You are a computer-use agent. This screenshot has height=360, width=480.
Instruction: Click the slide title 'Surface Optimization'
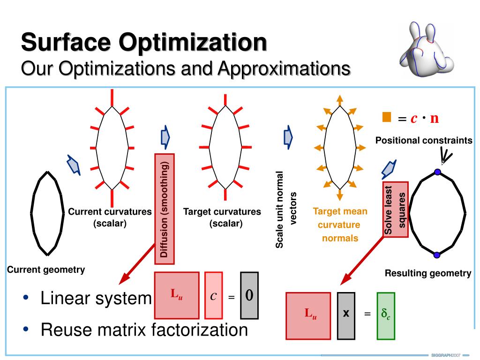144,43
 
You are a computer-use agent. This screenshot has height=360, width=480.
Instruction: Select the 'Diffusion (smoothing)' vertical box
164,209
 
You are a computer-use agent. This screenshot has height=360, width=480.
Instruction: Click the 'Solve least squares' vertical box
396,209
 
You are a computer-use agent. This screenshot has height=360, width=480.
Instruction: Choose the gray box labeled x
346,315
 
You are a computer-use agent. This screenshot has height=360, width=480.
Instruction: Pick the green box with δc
386,315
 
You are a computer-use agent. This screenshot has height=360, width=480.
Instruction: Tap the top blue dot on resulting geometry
437,172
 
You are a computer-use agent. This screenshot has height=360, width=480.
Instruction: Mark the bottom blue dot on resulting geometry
437,255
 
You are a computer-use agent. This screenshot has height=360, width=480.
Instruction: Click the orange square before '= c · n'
386,117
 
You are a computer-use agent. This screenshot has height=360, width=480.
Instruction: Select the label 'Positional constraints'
424,141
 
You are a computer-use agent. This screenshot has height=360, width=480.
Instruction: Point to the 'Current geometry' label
46,270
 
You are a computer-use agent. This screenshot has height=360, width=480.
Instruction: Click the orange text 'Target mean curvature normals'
340,225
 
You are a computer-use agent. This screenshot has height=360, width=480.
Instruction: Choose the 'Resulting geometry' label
428,273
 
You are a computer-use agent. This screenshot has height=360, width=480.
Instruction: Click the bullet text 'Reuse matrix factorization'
144,330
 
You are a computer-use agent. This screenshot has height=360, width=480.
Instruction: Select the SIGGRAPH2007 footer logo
445,355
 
